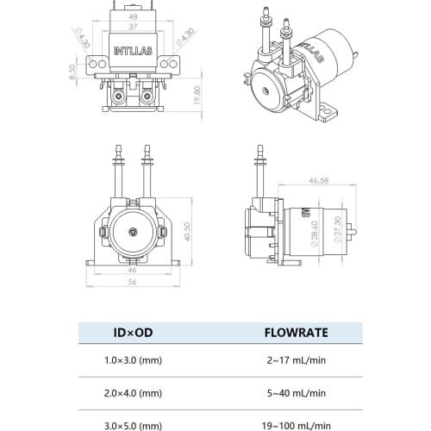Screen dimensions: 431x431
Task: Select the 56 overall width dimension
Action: click(x=133, y=282)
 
